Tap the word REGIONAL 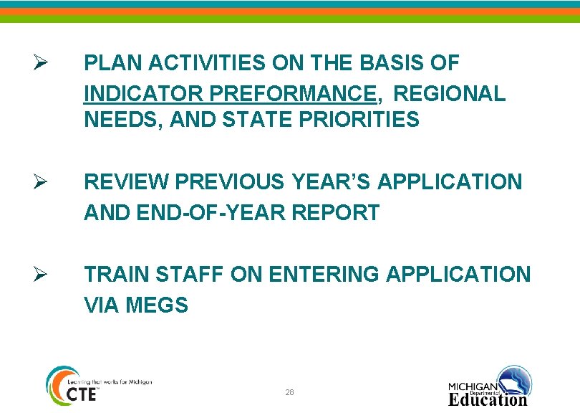pyautogui.click(x=450, y=94)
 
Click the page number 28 pyautogui.click(x=289, y=392)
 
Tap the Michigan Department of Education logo pyautogui.click(x=490, y=387)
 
